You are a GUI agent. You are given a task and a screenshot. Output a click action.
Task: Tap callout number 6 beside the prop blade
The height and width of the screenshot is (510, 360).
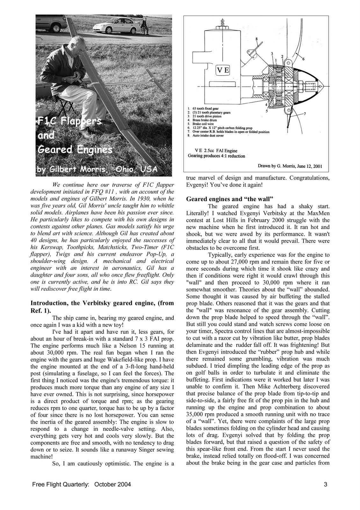tap(303, 59)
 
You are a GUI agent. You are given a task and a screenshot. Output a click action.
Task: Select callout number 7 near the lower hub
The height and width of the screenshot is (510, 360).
tap(305, 114)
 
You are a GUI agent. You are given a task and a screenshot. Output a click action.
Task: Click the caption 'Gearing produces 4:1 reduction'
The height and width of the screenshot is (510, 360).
tap(216, 156)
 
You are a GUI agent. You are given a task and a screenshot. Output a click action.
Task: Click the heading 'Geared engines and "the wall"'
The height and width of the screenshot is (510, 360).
tap(229, 199)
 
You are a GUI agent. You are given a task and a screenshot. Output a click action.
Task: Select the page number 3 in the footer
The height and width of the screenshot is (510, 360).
tap(325, 484)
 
